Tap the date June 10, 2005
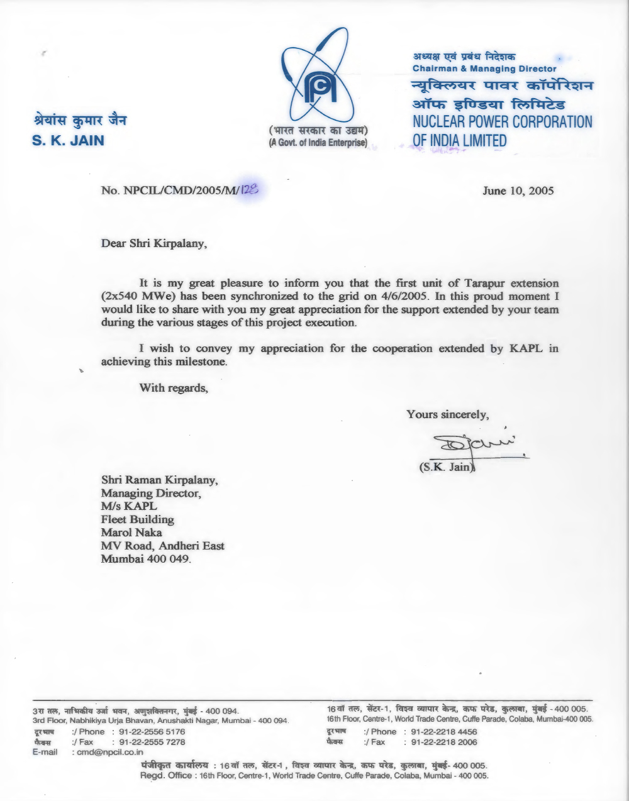pyautogui.click(x=518, y=191)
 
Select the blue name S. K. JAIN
pyautogui.click(x=68, y=140)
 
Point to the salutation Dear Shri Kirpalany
pyautogui.click(x=153, y=243)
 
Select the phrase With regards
pyautogui.click(x=173, y=387)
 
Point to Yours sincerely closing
pyautogui.click(x=448, y=414)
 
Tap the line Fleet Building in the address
pyautogui.click(x=137, y=519)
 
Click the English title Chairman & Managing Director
pyautogui.click(x=484, y=68)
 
